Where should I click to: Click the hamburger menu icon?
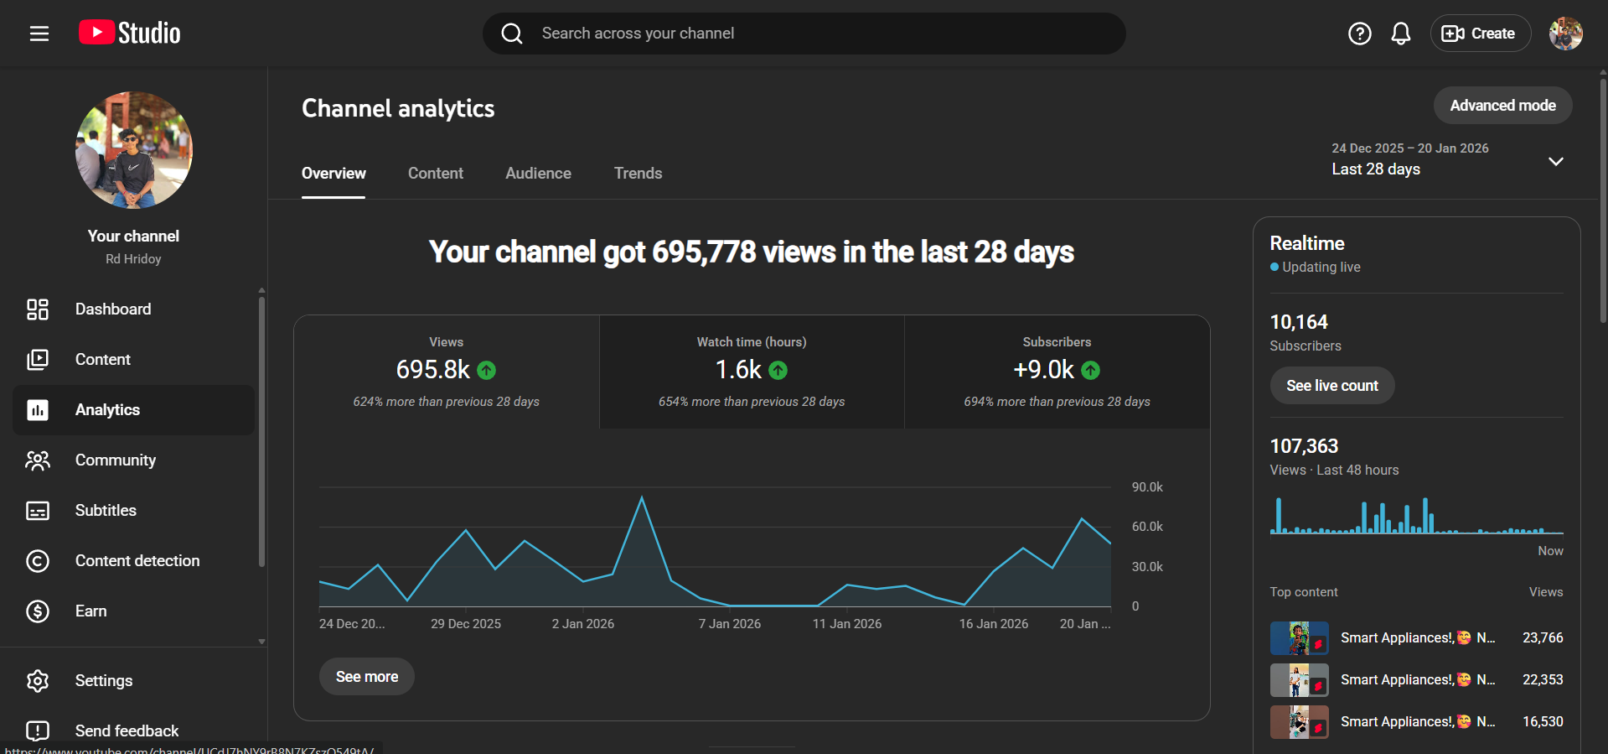click(x=39, y=34)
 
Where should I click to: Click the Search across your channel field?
click(x=804, y=34)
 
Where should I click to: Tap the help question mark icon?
click(x=1359, y=34)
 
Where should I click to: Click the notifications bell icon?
click(x=1400, y=34)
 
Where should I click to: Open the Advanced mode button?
click(x=1502, y=106)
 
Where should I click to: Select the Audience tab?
click(x=538, y=174)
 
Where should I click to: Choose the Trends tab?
click(x=638, y=174)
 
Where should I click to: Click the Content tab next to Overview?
click(x=435, y=174)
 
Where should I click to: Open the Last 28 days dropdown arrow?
click(x=1555, y=161)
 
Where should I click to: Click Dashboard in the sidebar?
click(x=113, y=309)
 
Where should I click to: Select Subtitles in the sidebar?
click(x=106, y=511)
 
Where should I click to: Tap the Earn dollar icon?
click(x=38, y=611)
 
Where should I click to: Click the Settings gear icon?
click(x=38, y=681)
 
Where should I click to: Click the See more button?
click(x=367, y=677)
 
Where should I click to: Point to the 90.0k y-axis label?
click(x=1147, y=487)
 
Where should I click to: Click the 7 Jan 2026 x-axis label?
click(x=729, y=624)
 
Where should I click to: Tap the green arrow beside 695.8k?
click(x=486, y=370)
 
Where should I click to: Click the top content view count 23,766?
click(x=1542, y=638)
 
